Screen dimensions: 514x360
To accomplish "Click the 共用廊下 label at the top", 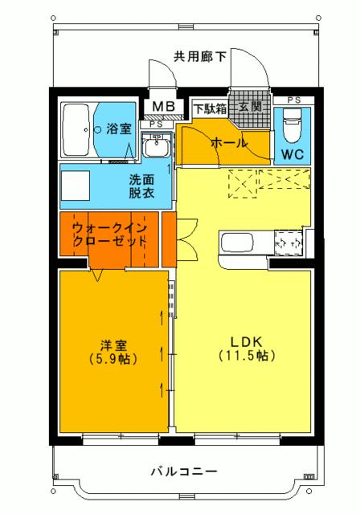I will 200,56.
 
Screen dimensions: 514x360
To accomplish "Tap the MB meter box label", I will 163,107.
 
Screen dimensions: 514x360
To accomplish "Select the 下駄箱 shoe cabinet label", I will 209,107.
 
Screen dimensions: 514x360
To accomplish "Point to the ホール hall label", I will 228,143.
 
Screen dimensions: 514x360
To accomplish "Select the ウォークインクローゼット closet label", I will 110,234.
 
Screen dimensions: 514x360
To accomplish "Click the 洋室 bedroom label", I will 112,345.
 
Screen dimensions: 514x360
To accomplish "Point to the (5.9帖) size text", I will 112,359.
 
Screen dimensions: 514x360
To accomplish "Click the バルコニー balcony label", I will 183,471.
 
